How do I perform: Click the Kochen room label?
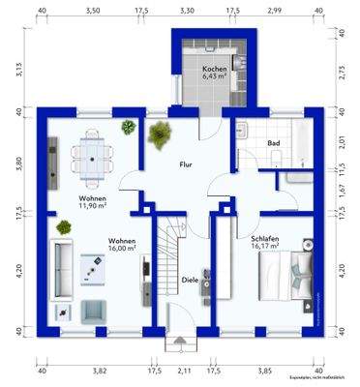[215, 71]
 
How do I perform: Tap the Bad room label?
[274, 143]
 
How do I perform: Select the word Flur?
[186, 165]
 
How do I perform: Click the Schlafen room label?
[265, 237]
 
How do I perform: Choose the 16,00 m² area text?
[121, 248]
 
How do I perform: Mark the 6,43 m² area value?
[215, 79]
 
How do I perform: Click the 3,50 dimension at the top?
[92, 11]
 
